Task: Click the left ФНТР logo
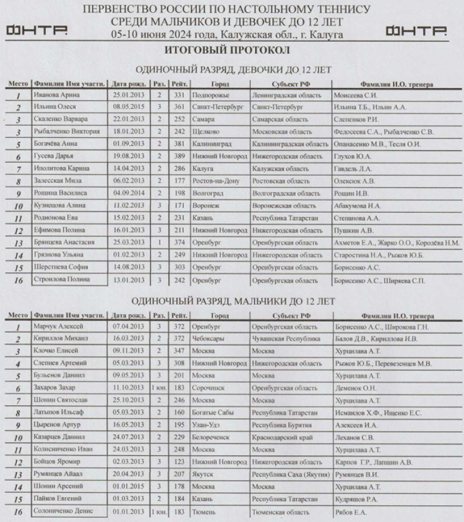[x=37, y=30]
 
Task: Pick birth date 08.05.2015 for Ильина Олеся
[x=129, y=107]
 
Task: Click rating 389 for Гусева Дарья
[x=179, y=156]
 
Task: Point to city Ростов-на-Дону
[x=215, y=181]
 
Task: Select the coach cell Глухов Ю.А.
[x=353, y=156]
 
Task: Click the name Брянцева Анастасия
[x=65, y=242]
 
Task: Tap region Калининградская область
[x=290, y=144]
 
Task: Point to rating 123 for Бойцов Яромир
[x=179, y=461]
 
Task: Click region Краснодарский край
[x=283, y=437]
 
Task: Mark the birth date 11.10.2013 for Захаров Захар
[x=129, y=388]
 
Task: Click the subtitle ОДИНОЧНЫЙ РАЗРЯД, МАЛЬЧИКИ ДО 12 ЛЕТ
[x=233, y=301]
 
